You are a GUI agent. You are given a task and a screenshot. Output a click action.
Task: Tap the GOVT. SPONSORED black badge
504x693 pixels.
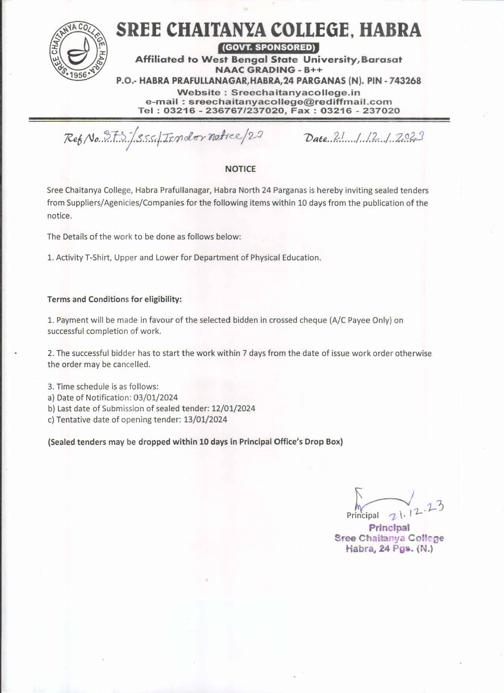point(268,47)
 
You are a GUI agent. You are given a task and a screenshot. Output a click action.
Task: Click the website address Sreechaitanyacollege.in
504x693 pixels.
point(295,92)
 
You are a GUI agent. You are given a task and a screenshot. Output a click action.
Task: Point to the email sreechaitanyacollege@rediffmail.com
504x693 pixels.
point(290,102)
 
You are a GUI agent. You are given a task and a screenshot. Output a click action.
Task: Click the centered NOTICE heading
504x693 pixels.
point(240,169)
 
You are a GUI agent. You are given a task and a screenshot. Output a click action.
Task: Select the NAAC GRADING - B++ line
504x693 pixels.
point(268,70)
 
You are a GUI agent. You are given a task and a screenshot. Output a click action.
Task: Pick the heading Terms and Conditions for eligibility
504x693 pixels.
point(115,299)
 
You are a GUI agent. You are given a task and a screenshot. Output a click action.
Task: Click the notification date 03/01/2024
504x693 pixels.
point(156,397)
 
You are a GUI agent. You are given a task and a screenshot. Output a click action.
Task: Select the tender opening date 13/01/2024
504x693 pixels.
point(205,420)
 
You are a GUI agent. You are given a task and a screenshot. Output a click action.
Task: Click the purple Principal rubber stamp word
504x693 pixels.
point(389,527)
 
